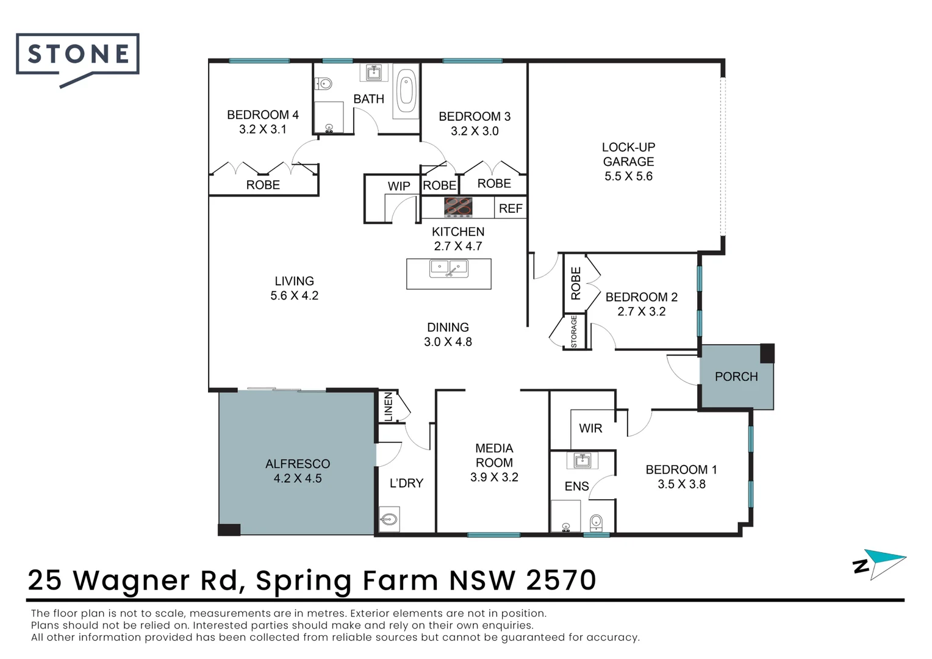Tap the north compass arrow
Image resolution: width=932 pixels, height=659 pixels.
(x=889, y=564)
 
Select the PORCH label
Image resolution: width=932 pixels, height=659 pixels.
(x=736, y=376)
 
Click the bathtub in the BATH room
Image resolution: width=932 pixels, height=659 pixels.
(x=406, y=90)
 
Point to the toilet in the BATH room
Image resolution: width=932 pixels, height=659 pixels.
(x=323, y=84)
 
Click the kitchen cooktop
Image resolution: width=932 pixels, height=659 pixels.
(x=458, y=207)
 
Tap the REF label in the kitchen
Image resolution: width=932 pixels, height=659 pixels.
(x=511, y=208)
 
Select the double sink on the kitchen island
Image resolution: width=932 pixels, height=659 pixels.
(x=448, y=268)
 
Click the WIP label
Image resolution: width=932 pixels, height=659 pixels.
(x=398, y=186)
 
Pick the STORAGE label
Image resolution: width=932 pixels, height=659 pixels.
(x=574, y=331)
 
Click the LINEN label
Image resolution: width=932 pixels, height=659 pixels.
(x=388, y=407)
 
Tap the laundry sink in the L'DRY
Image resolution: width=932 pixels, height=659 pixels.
(x=389, y=519)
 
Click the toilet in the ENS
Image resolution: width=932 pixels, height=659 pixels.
(x=596, y=522)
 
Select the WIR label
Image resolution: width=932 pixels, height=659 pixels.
(x=590, y=428)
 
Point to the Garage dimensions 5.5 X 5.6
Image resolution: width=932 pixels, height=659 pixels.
(x=628, y=176)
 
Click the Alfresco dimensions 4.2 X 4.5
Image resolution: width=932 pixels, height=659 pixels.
(x=298, y=478)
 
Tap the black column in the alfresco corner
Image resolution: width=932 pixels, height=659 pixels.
(x=229, y=530)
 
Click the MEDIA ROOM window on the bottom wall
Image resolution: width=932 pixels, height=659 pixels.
(x=493, y=535)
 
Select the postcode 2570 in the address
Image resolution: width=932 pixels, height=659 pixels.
(x=561, y=580)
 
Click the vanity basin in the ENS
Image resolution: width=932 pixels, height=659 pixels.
(x=582, y=461)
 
